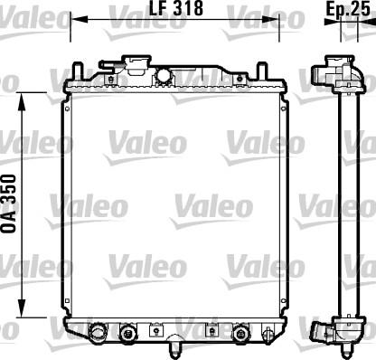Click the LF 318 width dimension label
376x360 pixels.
174,9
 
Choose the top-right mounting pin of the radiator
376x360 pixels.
262,71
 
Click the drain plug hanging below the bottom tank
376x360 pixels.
172,344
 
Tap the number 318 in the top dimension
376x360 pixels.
186,9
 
